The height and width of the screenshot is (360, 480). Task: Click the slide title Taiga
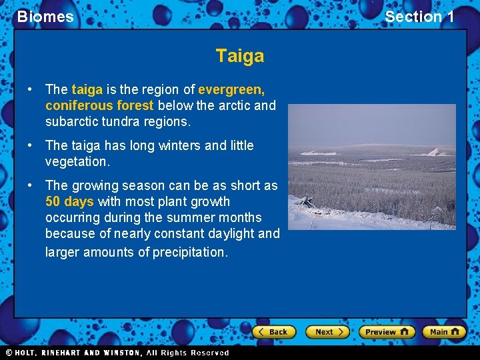(239, 56)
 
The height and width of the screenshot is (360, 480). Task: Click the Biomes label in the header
(45, 17)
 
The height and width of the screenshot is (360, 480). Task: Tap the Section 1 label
(419, 17)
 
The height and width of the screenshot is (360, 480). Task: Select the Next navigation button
(327, 331)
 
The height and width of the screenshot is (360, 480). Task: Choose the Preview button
(386, 331)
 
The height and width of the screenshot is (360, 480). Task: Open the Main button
(445, 331)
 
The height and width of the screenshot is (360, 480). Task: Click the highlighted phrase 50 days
(69, 201)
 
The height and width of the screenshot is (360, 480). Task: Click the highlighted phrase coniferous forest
(99, 105)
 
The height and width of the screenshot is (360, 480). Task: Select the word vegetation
(76, 161)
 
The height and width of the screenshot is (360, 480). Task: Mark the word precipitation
(189, 252)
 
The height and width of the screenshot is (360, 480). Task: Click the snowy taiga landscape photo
(371, 167)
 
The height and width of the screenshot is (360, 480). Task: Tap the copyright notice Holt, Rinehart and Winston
(117, 353)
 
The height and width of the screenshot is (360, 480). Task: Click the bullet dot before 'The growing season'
(30, 186)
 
